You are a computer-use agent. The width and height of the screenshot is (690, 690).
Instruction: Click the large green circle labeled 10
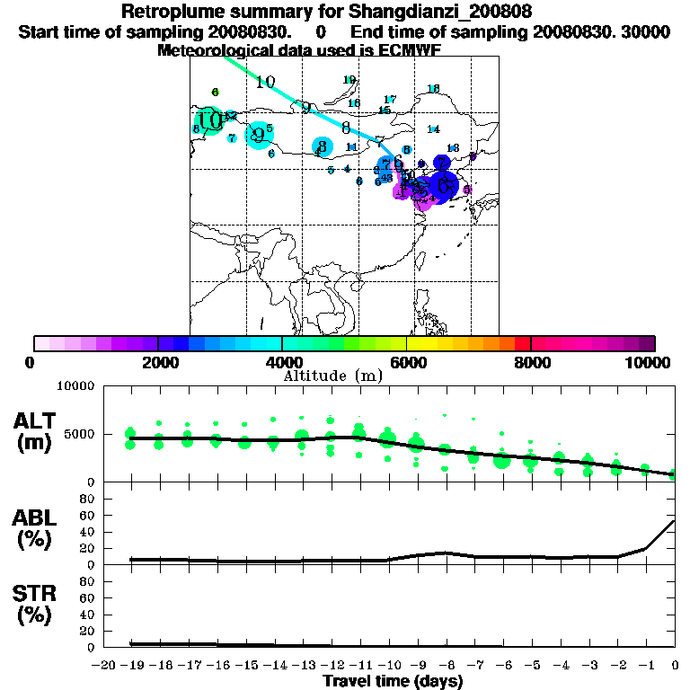click(209, 121)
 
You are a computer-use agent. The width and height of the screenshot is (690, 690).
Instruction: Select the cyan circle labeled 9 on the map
click(259, 136)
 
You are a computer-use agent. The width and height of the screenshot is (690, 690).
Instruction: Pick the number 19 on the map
click(349, 80)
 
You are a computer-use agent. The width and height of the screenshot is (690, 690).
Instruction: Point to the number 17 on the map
click(390, 99)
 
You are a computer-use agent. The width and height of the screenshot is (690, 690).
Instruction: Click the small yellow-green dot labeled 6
click(216, 92)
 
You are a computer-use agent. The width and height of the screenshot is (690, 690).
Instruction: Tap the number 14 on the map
click(433, 129)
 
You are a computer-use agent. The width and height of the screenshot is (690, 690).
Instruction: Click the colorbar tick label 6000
click(406, 362)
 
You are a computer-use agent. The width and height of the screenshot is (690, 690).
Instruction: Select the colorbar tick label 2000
click(157, 362)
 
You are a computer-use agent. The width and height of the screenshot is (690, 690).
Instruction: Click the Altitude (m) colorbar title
click(332, 376)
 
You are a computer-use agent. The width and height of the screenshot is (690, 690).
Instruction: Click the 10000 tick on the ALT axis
click(75, 387)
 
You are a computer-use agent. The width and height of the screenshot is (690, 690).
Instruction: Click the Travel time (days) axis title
click(393, 682)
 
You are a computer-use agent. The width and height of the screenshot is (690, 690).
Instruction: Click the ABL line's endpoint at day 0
click(675, 520)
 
